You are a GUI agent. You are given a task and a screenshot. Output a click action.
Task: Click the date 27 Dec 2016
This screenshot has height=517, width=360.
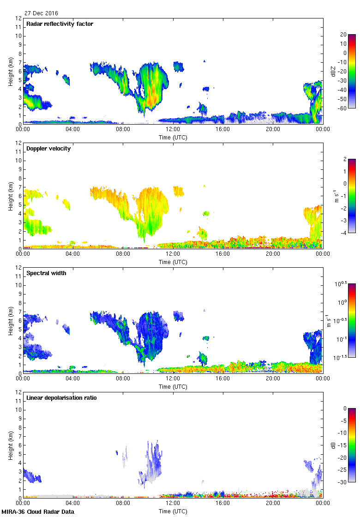[x=41, y=13]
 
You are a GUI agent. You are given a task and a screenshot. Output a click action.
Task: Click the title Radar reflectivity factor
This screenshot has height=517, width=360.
[x=60, y=24]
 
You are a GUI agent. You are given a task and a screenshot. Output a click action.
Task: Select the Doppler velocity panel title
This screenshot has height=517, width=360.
[x=48, y=149]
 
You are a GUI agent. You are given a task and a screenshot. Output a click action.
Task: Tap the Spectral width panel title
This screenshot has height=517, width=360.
[x=47, y=273]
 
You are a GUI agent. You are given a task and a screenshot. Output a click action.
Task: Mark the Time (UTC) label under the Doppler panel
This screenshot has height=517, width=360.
[x=173, y=262]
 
